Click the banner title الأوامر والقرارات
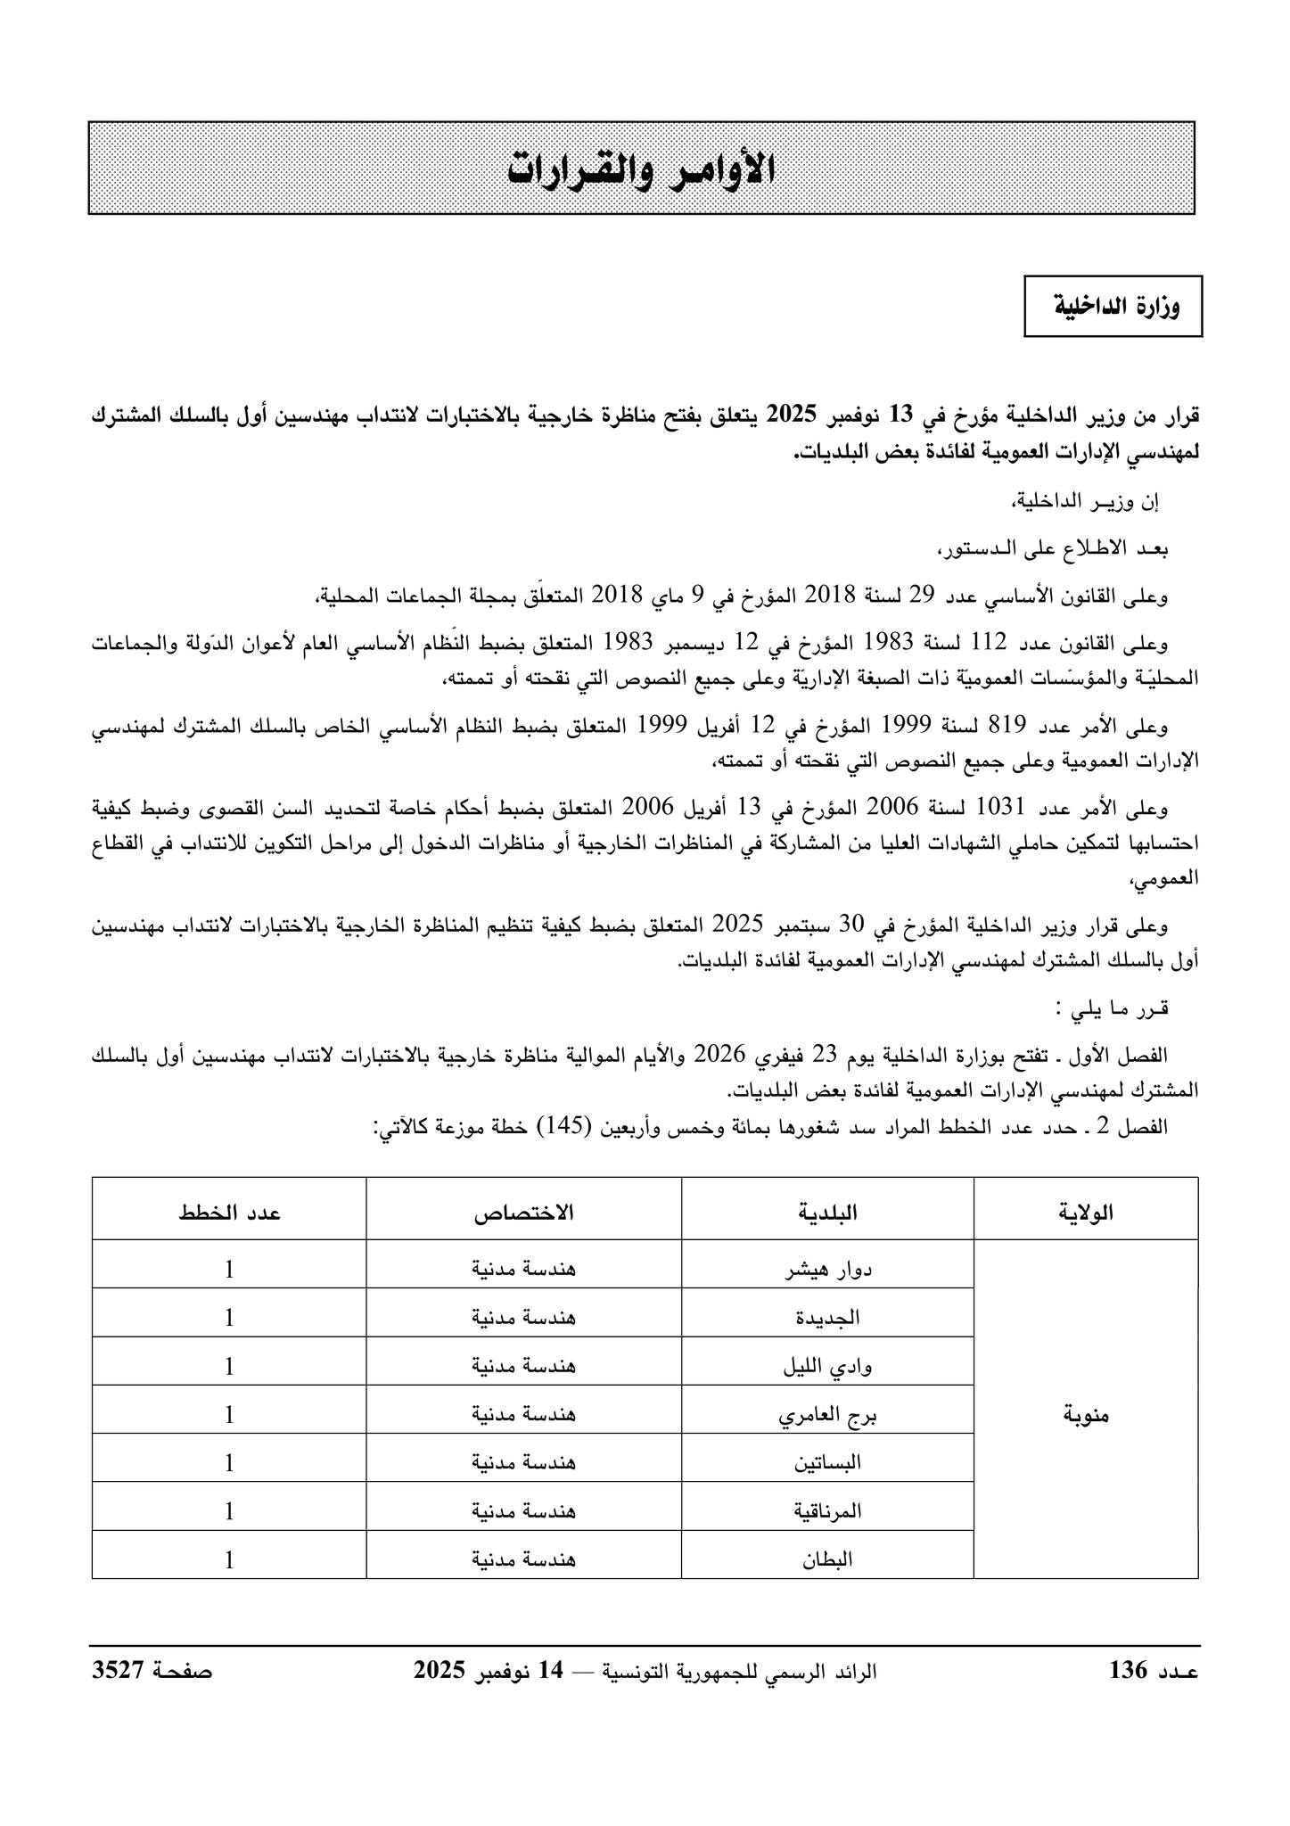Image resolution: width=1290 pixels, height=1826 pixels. (x=641, y=169)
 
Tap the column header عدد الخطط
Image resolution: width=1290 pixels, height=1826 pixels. (x=229, y=1212)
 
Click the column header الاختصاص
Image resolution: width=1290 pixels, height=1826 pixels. (x=523, y=1212)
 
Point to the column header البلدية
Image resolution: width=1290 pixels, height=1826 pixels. (x=826, y=1212)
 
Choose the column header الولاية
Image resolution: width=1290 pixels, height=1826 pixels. (x=1085, y=1212)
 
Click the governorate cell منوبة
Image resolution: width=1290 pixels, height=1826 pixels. (x=1085, y=1414)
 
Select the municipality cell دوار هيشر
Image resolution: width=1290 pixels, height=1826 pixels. (x=826, y=1269)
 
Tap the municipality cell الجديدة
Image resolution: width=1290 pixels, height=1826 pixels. (x=826, y=1317)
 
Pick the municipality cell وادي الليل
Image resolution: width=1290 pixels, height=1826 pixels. (x=826, y=1366)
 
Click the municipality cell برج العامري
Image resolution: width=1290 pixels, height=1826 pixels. (x=826, y=1414)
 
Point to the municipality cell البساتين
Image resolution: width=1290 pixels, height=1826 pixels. (x=826, y=1463)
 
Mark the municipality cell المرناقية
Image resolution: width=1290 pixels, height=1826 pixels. (x=826, y=1511)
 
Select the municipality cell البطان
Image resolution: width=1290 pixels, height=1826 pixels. (x=826, y=1559)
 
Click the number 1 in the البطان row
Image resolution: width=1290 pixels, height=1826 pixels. (x=229, y=1559)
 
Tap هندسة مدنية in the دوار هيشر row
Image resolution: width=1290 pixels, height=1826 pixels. (x=523, y=1269)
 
